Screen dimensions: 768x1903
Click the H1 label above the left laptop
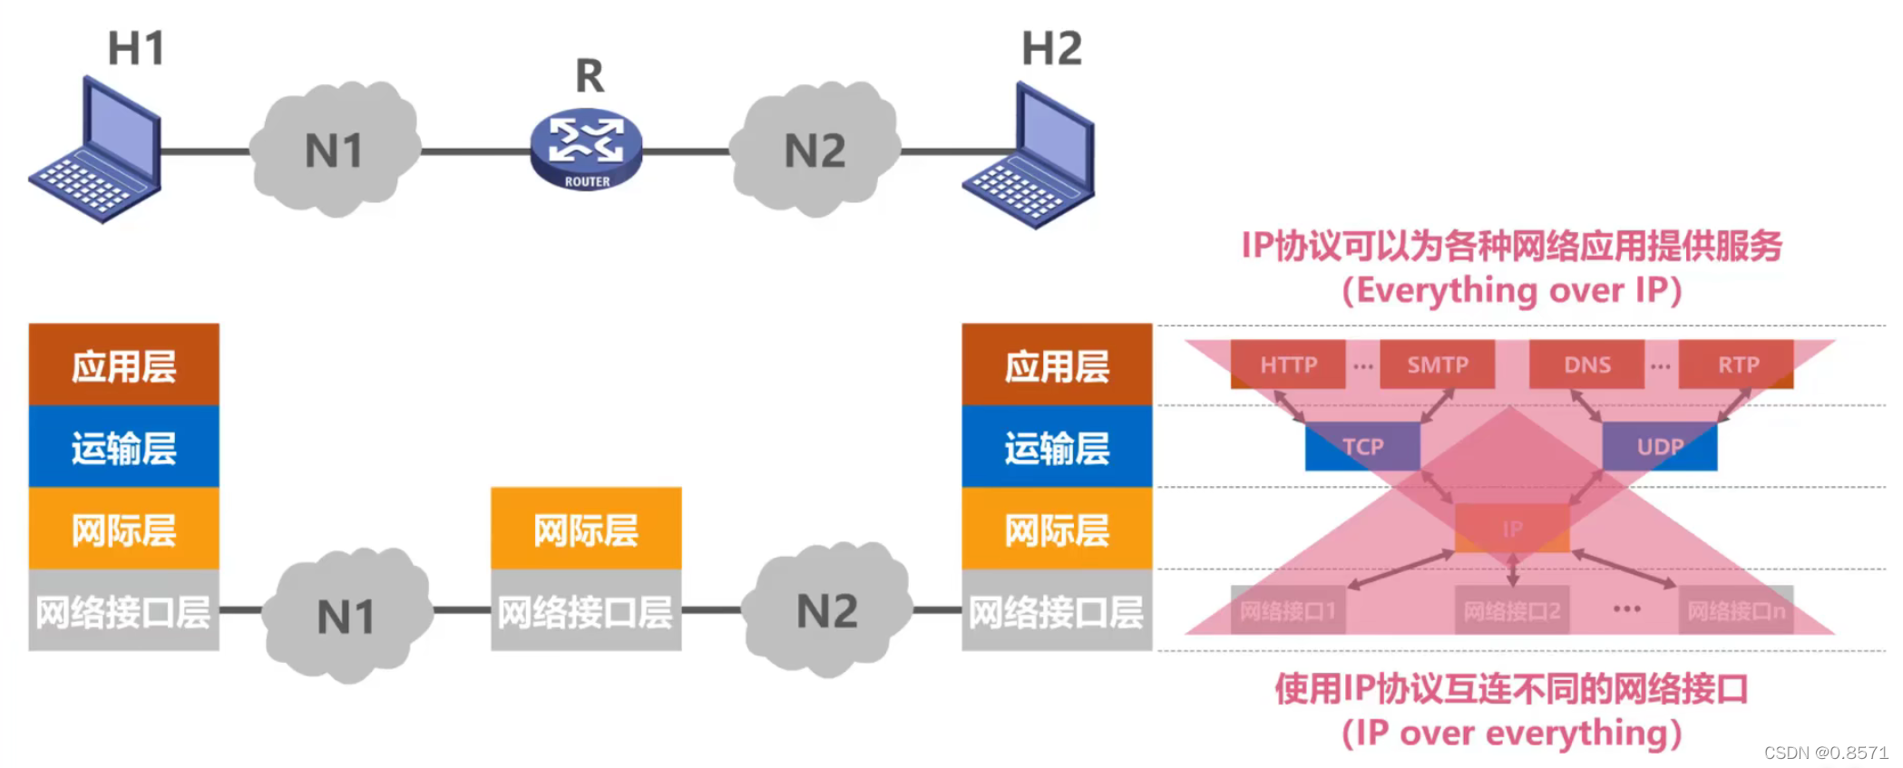pyautogui.click(x=136, y=48)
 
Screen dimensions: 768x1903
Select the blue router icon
pyautogui.click(x=587, y=149)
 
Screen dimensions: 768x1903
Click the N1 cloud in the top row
pyautogui.click(x=335, y=151)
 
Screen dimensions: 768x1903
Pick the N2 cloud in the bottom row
pyautogui.click(x=825, y=611)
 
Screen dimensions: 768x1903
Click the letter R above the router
pyautogui.click(x=590, y=76)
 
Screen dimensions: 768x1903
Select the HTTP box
pyautogui.click(x=1288, y=365)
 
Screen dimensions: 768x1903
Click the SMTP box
pyautogui.click(x=1437, y=365)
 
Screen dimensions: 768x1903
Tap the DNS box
pyautogui.click(x=1586, y=365)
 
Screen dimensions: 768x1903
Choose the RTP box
pyautogui.click(x=1736, y=365)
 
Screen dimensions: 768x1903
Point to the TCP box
pyautogui.click(x=1362, y=446)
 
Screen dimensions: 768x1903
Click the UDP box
pyautogui.click(x=1660, y=446)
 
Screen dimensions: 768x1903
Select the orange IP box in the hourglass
pyautogui.click(x=1512, y=529)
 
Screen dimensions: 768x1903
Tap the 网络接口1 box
pyautogui.click(x=1288, y=611)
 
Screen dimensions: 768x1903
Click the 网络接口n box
pyautogui.click(x=1735, y=611)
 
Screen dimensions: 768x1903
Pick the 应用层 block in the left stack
pyautogui.click(x=124, y=365)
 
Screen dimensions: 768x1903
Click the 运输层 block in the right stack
pyautogui.click(x=1057, y=447)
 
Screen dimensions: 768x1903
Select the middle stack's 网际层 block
pyautogui.click(x=586, y=529)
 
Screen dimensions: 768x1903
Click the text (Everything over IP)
pyautogui.click(x=1511, y=291)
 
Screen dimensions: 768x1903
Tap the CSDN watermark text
pyautogui.click(x=1825, y=753)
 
